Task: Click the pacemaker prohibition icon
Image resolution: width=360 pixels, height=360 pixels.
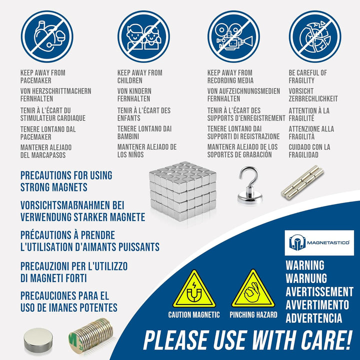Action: click(47, 36)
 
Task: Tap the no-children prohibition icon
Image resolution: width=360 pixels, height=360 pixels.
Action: click(143, 36)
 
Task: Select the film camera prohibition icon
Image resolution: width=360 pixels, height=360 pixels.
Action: click(233, 36)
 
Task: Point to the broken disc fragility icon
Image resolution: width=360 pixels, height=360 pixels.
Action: click(315, 36)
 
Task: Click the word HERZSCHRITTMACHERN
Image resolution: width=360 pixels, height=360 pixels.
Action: click(62, 91)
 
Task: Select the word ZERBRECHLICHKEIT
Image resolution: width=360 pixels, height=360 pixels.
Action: click(313, 98)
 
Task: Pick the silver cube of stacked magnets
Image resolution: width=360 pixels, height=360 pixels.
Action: click(183, 191)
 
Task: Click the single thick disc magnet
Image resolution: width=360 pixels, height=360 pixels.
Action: click(38, 340)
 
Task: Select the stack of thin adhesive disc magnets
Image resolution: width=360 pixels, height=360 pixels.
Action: click(91, 334)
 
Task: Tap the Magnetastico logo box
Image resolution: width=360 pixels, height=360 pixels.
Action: click(319, 242)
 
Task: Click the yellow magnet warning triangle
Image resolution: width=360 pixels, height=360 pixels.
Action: click(194, 289)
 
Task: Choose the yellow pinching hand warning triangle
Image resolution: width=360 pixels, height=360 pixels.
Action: click(253, 289)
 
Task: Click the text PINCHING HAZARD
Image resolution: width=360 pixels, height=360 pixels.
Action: click(253, 315)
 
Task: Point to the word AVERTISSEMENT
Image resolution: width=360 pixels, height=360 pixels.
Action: click(319, 292)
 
